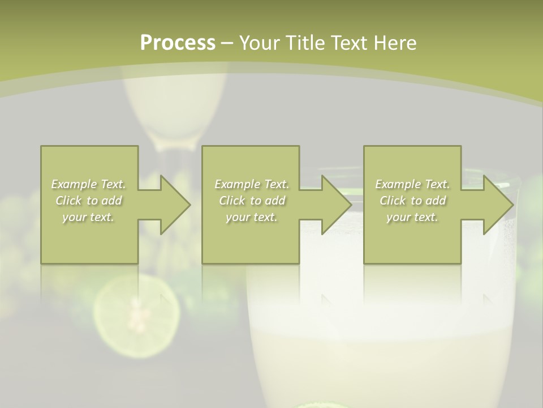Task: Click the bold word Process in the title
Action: [178, 43]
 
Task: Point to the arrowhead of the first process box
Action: [175, 205]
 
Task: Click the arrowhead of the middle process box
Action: [337, 205]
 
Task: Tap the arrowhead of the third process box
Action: [499, 205]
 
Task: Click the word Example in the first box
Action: [74, 184]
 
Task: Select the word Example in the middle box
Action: [237, 184]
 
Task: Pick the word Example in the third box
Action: [398, 184]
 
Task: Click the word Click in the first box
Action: [68, 201]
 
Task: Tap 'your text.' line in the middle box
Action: [251, 217]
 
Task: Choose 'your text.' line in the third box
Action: [412, 217]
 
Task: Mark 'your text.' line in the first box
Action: [88, 217]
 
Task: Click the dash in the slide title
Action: [227, 43]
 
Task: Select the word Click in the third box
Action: [392, 201]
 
